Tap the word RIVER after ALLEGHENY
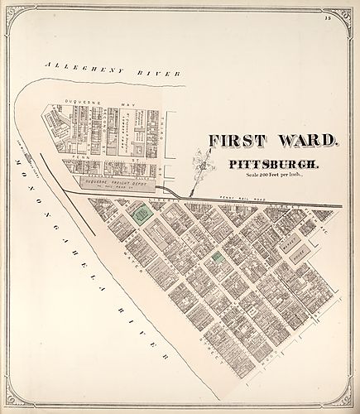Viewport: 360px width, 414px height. (x=165, y=75)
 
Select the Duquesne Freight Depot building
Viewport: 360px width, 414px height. (x=115, y=183)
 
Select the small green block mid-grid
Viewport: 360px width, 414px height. (x=218, y=258)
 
